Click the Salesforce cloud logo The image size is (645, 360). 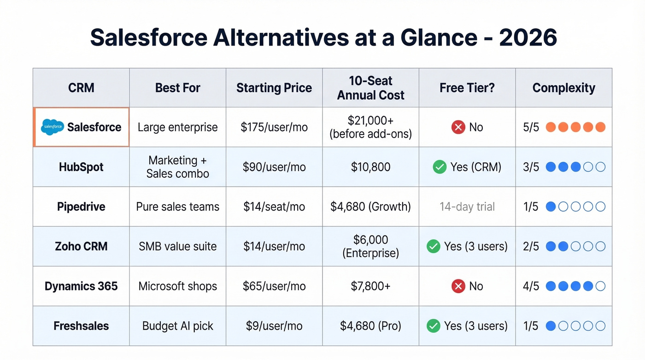coord(52,127)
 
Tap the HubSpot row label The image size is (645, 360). coord(81,167)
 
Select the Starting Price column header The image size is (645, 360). coord(274,88)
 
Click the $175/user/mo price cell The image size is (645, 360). coord(274,127)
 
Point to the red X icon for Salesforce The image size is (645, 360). coord(458,127)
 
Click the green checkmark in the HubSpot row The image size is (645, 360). coord(440,167)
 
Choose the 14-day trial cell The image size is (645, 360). coord(467,207)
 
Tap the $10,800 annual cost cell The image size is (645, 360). coord(370,167)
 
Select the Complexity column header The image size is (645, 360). coord(563,88)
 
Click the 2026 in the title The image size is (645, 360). coord(528,38)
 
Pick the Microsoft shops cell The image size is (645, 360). coord(178,286)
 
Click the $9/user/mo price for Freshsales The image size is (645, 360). coord(274,326)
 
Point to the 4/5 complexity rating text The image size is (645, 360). coord(531,286)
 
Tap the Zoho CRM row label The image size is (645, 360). coord(81,246)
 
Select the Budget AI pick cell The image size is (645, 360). coord(178,326)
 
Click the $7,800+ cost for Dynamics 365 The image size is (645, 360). coord(370,286)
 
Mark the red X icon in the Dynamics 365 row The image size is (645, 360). coord(458,286)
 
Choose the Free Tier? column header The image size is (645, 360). coord(467,88)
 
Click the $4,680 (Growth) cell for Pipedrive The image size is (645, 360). coord(370,207)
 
